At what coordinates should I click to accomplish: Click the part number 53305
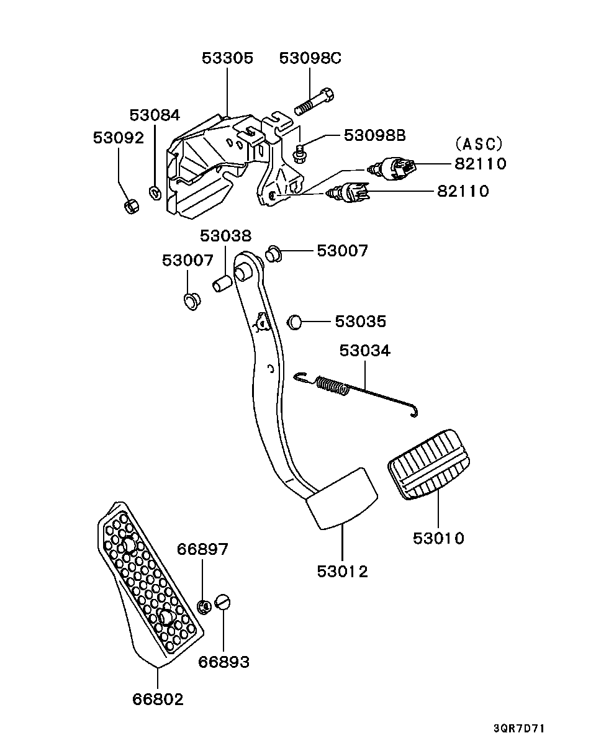pos(227,58)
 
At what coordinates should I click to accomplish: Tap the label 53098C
pos(310,58)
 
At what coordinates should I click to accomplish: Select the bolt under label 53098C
pos(314,102)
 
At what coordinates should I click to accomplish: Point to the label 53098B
pos(374,135)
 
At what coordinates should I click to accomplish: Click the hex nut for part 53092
pos(132,206)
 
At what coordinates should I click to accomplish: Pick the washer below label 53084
pos(155,193)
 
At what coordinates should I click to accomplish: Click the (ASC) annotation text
pos(479,144)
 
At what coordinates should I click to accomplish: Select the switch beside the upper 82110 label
pos(393,169)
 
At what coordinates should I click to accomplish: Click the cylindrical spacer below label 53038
pos(222,283)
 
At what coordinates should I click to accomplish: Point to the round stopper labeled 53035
pos(294,322)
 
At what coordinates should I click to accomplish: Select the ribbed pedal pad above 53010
pos(429,464)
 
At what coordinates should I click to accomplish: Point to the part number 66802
pos(158,699)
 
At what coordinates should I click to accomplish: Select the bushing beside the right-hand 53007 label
pos(274,254)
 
